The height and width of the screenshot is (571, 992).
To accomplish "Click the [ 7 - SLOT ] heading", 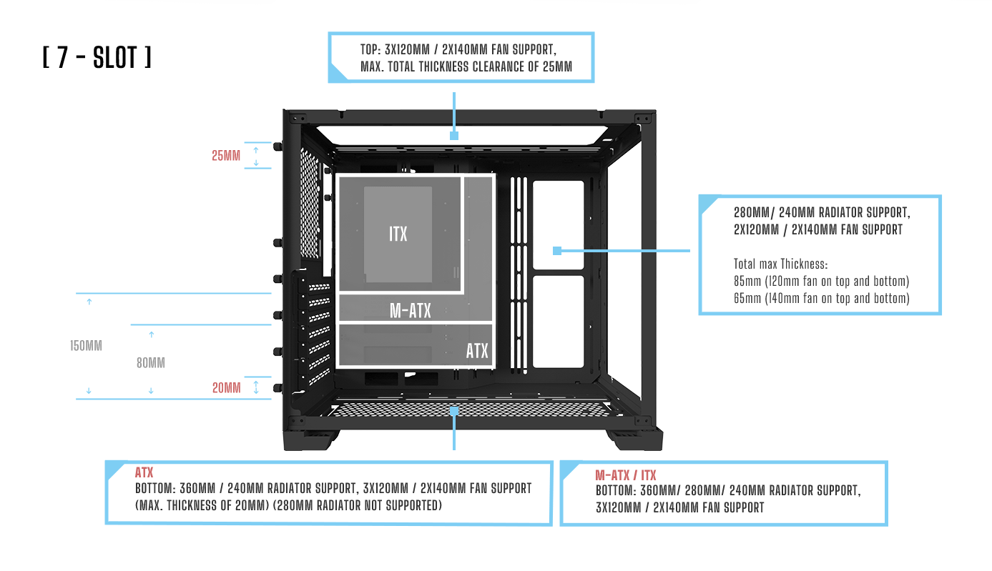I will tap(97, 58).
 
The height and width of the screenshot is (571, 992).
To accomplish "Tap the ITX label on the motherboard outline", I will tap(398, 234).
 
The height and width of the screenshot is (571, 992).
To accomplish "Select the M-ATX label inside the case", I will tap(410, 310).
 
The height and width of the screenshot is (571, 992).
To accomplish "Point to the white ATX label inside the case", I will tap(477, 351).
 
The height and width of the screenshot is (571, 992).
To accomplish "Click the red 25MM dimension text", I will tap(226, 155).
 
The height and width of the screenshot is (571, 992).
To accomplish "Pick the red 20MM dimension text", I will tap(226, 388).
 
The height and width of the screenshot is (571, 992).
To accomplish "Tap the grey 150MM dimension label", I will tap(86, 346).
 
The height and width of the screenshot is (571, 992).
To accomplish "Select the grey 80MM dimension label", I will tap(150, 363).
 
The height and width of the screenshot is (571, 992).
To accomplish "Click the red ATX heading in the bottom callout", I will tap(144, 473).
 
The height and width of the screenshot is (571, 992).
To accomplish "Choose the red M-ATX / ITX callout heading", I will tap(625, 476).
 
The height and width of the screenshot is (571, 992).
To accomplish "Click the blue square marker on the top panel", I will tap(453, 135).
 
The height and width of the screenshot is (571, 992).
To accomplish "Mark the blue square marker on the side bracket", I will tap(557, 251).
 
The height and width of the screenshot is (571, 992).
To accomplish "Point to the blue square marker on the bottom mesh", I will tap(454, 410).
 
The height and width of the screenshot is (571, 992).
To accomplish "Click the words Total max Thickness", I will tap(780, 264).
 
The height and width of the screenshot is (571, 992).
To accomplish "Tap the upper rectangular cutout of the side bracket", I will tap(558, 223).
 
